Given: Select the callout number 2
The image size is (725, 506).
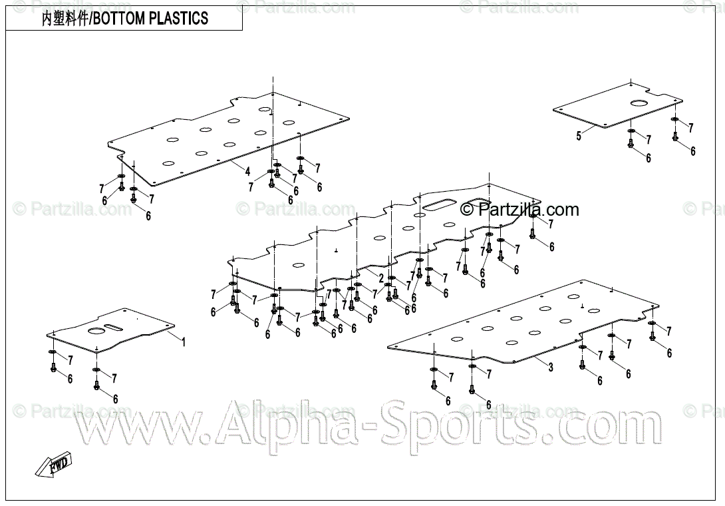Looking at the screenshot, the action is (381, 278).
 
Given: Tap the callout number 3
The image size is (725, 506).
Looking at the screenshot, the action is (551, 367).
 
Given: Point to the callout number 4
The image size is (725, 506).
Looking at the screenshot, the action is (247, 170).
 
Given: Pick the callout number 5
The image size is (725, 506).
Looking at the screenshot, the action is (579, 136).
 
